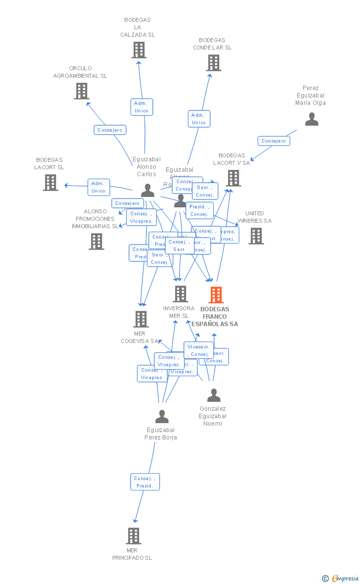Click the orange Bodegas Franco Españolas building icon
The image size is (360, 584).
(216, 295)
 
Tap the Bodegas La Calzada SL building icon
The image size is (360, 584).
(139, 50)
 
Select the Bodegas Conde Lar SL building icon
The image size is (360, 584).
(213, 63)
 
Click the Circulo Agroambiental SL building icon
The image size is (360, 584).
(82, 91)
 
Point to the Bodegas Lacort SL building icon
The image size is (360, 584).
(50, 183)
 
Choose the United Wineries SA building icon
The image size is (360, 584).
(256, 236)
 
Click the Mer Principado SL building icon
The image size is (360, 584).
(133, 535)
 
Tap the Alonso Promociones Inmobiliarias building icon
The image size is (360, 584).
(96, 242)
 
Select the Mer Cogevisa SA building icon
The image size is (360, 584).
(141, 319)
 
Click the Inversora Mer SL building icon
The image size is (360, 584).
(180, 294)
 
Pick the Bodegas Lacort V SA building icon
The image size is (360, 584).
(233, 178)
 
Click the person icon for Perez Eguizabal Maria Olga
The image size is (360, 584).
(312, 119)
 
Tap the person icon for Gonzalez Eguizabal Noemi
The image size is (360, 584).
(214, 395)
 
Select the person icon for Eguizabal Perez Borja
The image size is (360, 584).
(162, 417)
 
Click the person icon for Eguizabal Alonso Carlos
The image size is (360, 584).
(147, 191)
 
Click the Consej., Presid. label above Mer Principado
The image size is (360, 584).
(145, 482)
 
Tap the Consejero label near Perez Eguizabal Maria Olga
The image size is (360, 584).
(273, 141)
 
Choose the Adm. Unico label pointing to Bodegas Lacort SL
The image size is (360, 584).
(98, 187)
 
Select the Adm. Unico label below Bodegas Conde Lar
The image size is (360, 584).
(199, 119)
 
